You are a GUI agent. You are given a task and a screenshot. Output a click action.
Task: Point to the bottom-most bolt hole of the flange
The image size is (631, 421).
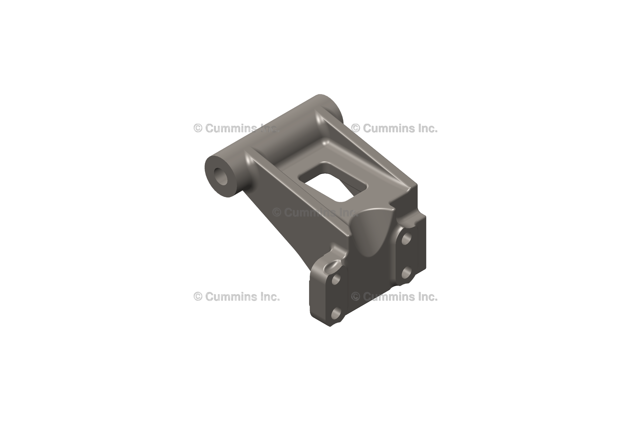click(x=336, y=313)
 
